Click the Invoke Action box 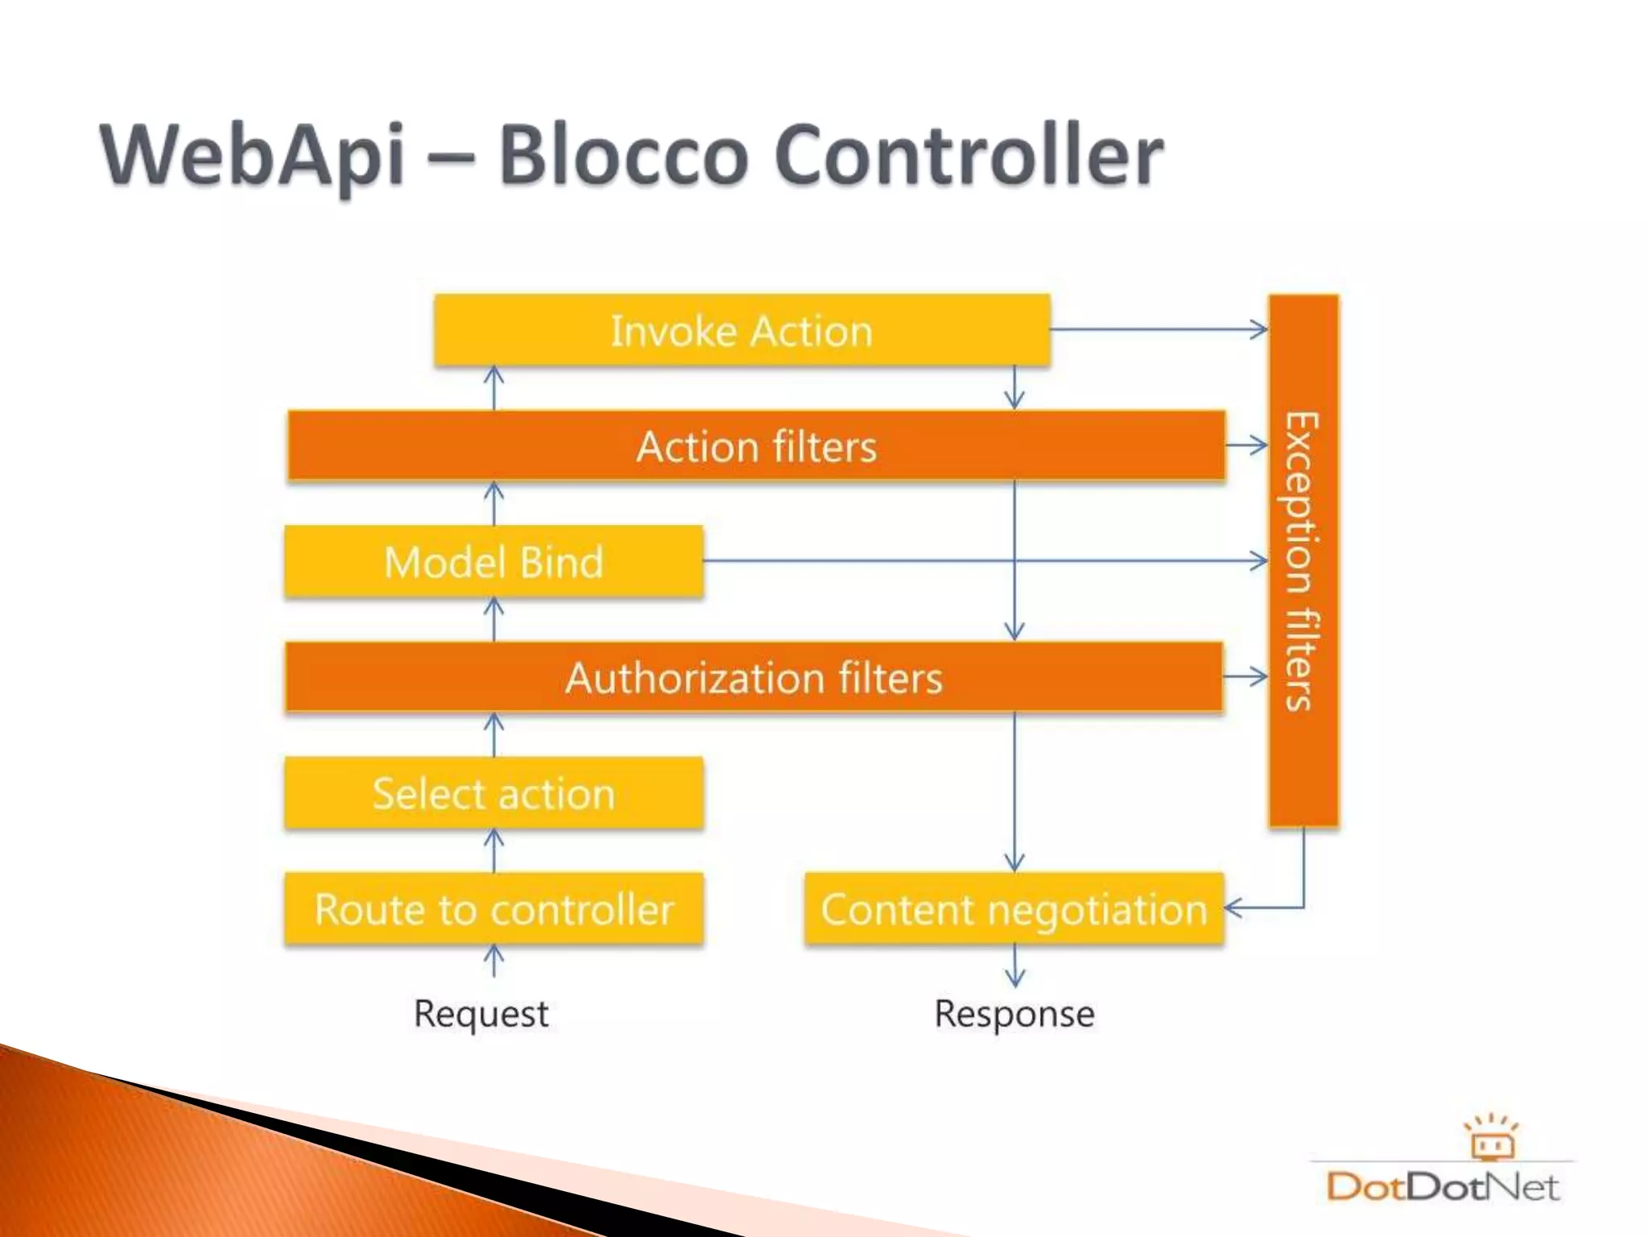742,331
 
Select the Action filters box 756,446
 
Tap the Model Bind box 494,562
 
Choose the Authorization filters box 754,677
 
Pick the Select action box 494,793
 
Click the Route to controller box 494,909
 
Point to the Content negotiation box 1014,909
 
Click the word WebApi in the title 252,155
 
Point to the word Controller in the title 969,155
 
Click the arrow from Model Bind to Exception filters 982,561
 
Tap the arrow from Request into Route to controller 494,961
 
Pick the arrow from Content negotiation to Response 1015,966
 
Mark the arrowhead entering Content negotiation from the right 1234,908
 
